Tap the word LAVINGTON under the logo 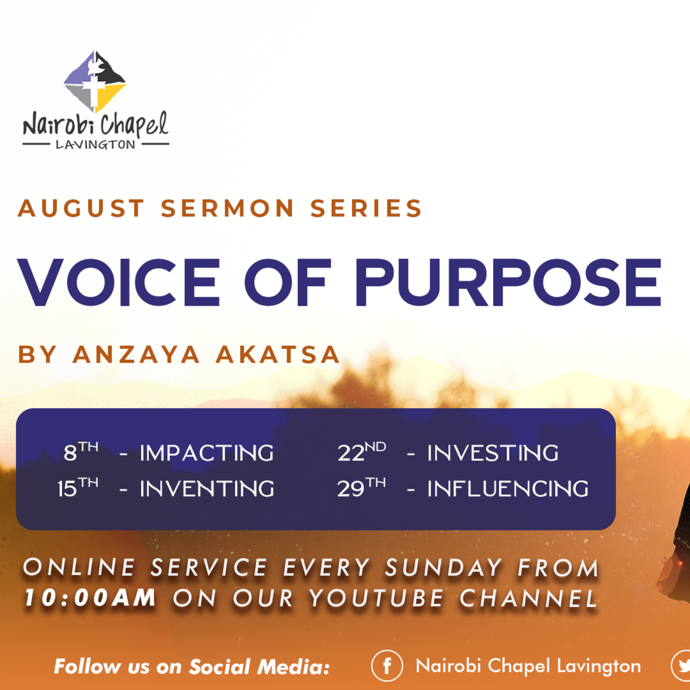point(96,145)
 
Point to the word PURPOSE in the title point(508,282)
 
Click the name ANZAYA point(136,355)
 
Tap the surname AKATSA point(278,355)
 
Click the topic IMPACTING point(207,453)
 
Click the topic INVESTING point(493,453)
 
